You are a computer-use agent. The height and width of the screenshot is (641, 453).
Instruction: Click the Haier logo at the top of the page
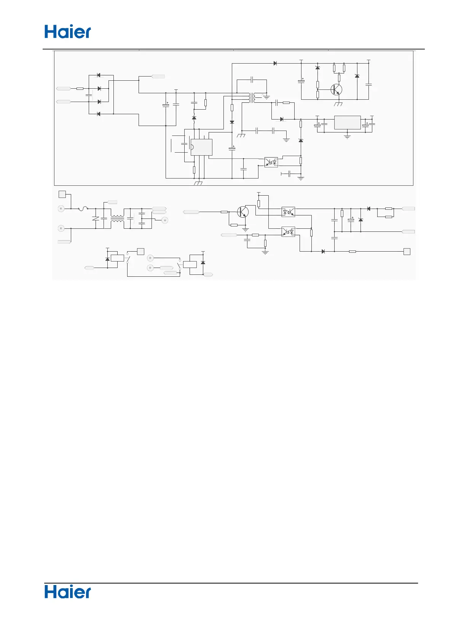pyautogui.click(x=68, y=32)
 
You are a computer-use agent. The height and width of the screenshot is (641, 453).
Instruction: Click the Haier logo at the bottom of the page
pyautogui.click(x=68, y=592)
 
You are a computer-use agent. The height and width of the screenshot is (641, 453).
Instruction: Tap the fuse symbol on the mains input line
pyautogui.click(x=83, y=209)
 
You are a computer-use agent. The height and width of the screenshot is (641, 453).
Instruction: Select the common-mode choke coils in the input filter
pyautogui.click(x=117, y=219)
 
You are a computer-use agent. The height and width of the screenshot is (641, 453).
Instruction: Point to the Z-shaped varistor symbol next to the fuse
pyautogui.click(x=95, y=219)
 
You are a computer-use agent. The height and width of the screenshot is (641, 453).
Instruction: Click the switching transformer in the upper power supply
pyautogui.click(x=251, y=98)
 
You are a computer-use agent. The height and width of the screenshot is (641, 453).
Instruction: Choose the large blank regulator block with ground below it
pyautogui.click(x=347, y=123)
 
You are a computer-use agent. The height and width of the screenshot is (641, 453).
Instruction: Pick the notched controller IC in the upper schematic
pyautogui.click(x=201, y=147)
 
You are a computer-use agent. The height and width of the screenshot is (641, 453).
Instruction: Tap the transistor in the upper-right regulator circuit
pyautogui.click(x=336, y=90)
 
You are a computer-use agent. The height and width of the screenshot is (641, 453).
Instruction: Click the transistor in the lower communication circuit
pyautogui.click(x=242, y=212)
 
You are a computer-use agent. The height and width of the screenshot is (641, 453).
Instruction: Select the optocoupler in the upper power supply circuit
pyautogui.click(x=271, y=162)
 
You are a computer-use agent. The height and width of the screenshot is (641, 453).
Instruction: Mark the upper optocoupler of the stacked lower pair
pyautogui.click(x=288, y=212)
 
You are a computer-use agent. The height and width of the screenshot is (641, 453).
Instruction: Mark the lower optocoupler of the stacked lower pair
pyautogui.click(x=288, y=231)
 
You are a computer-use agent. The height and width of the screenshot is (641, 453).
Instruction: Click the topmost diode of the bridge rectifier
pyautogui.click(x=99, y=75)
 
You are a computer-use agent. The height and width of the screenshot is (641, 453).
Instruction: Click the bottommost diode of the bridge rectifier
pyautogui.click(x=99, y=114)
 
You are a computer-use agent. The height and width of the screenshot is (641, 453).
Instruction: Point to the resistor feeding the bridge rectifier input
pyautogui.click(x=80, y=89)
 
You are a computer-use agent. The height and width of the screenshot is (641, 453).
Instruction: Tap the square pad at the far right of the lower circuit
pyautogui.click(x=407, y=251)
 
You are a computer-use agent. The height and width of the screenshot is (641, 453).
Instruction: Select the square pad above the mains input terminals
pyautogui.click(x=62, y=194)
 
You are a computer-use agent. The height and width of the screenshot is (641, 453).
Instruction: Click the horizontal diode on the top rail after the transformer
pyautogui.click(x=275, y=64)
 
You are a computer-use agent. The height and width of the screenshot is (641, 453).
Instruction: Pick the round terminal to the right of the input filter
pyautogui.click(x=165, y=220)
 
